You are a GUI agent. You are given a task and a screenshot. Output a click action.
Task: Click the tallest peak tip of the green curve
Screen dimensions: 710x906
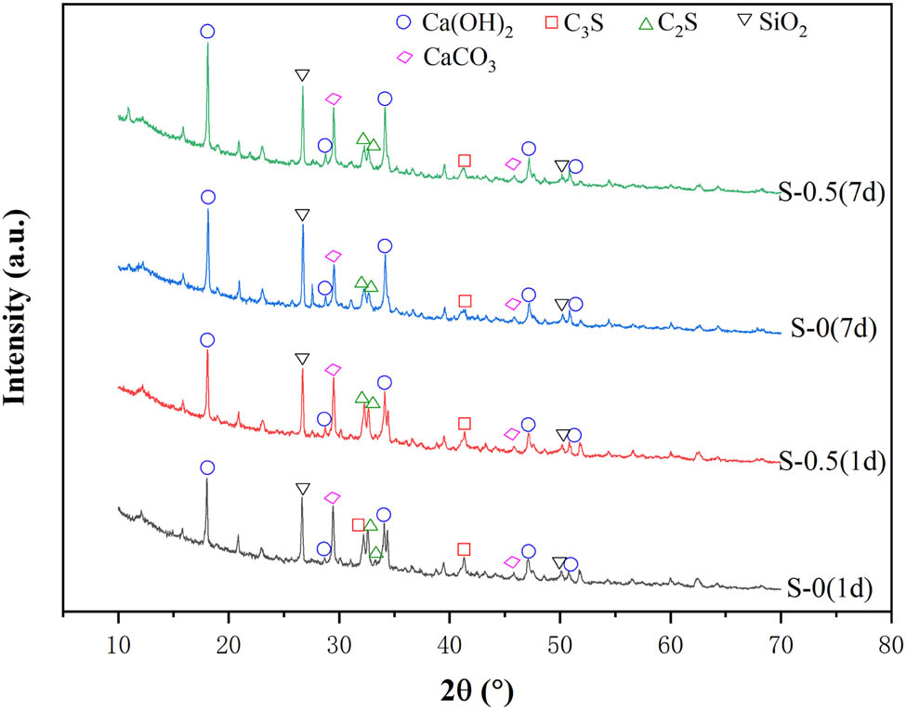[207, 44]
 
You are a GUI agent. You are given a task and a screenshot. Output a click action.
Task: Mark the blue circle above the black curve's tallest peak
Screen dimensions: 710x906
[207, 467]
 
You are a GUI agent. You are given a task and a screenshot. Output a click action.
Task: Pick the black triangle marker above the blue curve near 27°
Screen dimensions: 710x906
[302, 216]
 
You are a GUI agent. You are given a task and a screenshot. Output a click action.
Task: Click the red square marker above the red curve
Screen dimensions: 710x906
[464, 424]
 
